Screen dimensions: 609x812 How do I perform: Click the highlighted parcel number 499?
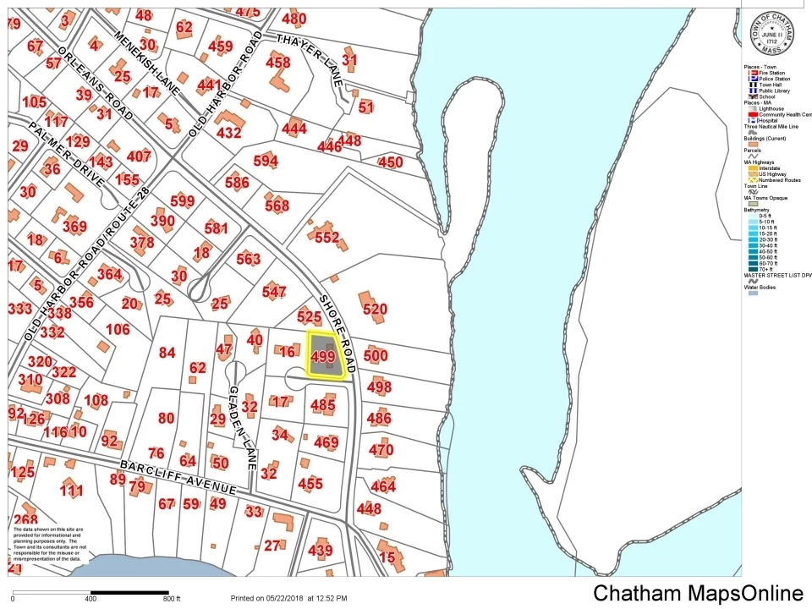pyautogui.click(x=323, y=357)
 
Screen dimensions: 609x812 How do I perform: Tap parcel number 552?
pyautogui.click(x=326, y=239)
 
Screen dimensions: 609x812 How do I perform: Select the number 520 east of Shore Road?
pyautogui.click(x=375, y=310)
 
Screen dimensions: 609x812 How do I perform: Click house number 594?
pyautogui.click(x=265, y=162)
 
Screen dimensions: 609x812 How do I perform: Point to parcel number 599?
pyautogui.click(x=182, y=201)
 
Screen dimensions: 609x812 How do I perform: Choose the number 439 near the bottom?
pyautogui.click(x=320, y=551)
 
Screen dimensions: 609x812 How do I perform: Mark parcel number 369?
pyautogui.click(x=74, y=226)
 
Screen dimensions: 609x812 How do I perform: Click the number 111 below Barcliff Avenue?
pyautogui.click(x=72, y=491)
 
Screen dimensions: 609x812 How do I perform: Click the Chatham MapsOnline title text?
pyautogui.click(x=698, y=593)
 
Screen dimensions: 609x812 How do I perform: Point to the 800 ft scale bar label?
pyautogui.click(x=172, y=600)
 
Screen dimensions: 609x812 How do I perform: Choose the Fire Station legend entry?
pyautogui.click(x=771, y=74)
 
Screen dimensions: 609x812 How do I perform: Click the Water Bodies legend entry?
pyautogui.click(x=762, y=287)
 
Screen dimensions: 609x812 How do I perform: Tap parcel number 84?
pyautogui.click(x=167, y=353)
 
